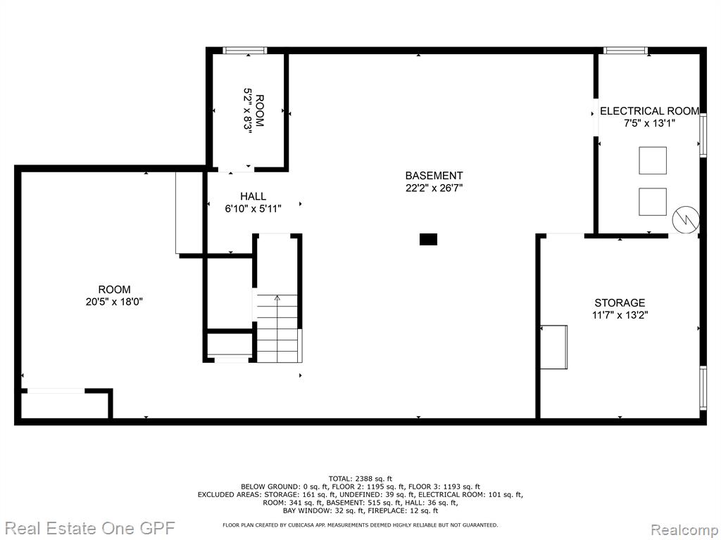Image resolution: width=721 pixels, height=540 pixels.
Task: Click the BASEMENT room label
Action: (434, 175)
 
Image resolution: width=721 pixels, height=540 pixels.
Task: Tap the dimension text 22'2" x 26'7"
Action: (434, 188)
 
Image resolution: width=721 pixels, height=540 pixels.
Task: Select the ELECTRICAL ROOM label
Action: (649, 111)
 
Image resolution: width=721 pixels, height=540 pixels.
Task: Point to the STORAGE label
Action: (620, 302)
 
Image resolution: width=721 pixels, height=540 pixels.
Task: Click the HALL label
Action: (253, 196)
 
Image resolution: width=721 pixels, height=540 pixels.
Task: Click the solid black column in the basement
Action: (428, 239)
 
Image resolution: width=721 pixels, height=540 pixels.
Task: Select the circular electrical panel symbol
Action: (686, 219)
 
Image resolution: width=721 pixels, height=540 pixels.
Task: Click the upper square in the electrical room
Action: (653, 160)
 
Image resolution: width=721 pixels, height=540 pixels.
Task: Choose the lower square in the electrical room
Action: (653, 202)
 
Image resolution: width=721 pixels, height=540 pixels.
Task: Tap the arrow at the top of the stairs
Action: (277, 297)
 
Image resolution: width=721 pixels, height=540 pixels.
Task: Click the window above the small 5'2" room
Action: (244, 50)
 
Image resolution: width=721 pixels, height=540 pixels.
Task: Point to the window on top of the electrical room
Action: (625, 50)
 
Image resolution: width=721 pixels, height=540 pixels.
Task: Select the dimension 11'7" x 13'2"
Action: (620, 315)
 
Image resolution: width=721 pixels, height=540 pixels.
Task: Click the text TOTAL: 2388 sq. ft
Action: (360, 478)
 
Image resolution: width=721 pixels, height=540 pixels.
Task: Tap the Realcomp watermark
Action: (684, 530)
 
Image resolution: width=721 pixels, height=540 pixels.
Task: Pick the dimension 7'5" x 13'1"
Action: (649, 123)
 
